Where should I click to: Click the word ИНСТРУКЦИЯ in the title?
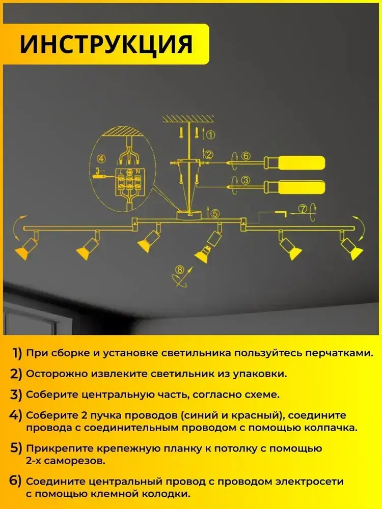[106, 44]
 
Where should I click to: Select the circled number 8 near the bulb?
[179, 270]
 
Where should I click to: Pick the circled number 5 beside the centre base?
[215, 213]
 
